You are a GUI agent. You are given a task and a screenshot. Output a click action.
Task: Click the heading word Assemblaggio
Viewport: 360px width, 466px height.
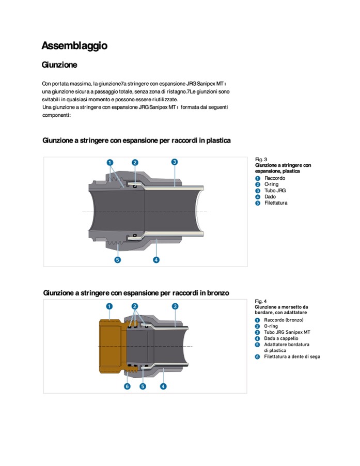click(x=74, y=45)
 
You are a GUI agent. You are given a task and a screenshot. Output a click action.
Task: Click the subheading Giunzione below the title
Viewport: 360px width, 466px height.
click(x=59, y=65)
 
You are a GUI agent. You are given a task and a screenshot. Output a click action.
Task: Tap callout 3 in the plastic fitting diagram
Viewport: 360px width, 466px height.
click(x=175, y=162)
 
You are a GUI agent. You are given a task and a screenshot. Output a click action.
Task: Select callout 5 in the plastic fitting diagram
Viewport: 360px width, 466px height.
click(x=118, y=259)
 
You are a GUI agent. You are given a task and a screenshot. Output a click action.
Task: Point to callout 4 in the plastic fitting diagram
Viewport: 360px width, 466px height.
click(x=156, y=259)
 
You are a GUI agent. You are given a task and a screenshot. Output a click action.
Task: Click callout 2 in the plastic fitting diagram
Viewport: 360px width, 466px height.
click(x=135, y=162)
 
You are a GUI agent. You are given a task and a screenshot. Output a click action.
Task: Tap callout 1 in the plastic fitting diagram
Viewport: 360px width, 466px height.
click(x=110, y=162)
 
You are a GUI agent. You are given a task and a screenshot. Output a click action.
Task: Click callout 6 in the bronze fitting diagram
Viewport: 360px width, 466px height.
click(x=127, y=386)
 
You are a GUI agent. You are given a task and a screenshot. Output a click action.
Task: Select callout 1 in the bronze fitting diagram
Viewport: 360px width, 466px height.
click(x=109, y=306)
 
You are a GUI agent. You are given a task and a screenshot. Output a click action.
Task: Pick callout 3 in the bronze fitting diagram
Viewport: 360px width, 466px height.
click(x=175, y=306)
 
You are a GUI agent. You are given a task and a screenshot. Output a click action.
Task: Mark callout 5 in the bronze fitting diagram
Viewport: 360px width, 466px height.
click(x=143, y=386)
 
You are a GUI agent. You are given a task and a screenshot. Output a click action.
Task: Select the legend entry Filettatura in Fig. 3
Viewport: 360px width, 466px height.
click(x=276, y=203)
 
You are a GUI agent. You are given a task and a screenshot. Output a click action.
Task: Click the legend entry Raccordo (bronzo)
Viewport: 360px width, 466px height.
click(x=284, y=320)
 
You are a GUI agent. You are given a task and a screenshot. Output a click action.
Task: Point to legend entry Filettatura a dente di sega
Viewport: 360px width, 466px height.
click(x=292, y=356)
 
